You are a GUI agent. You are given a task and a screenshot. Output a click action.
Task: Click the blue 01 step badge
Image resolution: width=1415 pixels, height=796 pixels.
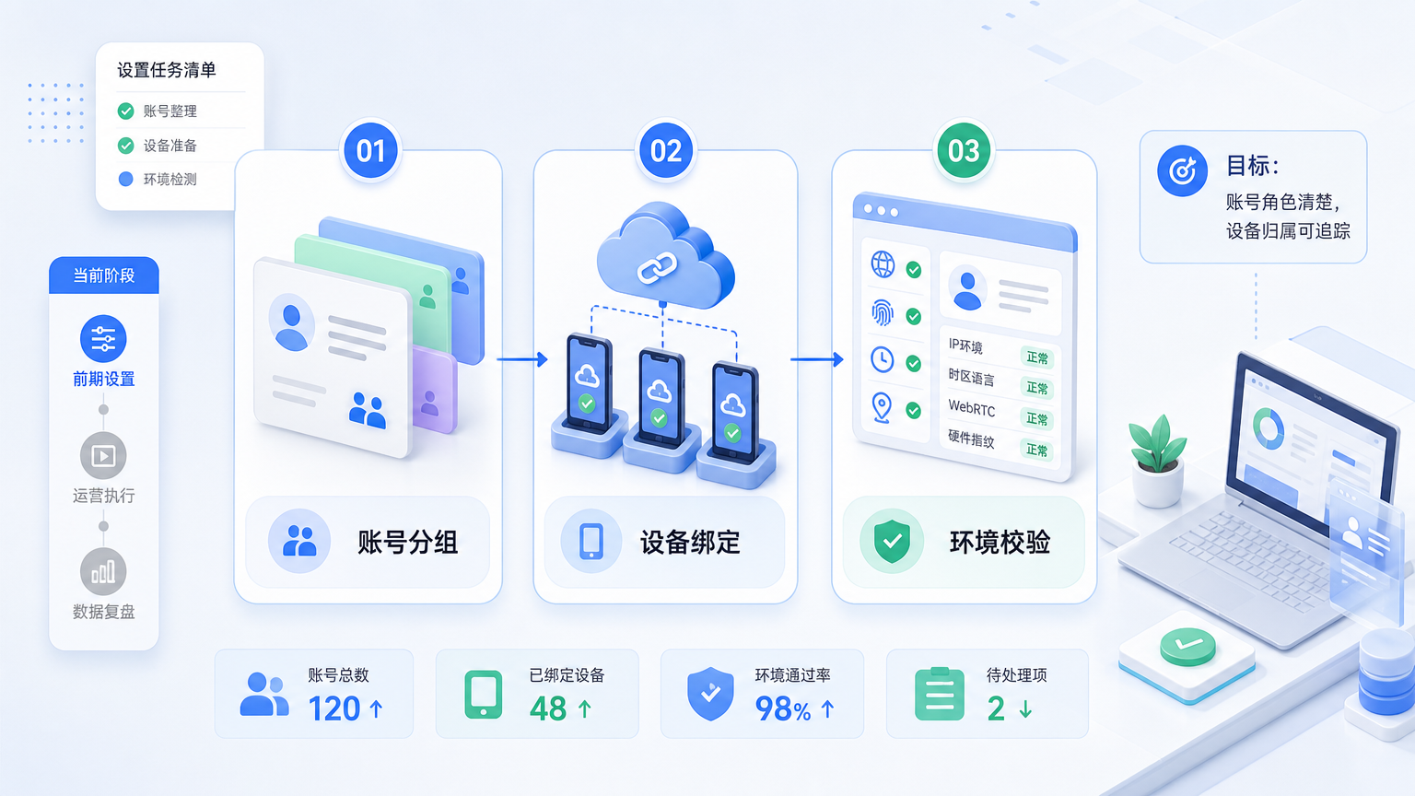[x=371, y=151]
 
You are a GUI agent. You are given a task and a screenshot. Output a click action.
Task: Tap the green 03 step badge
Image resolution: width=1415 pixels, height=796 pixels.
[x=964, y=151]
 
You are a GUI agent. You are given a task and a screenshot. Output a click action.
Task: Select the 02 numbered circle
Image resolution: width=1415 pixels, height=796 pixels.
[x=666, y=151]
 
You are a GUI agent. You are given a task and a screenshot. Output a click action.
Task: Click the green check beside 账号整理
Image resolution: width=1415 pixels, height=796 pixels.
[x=125, y=111]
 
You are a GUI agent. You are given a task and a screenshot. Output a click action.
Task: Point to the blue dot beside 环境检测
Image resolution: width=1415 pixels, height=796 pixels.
[x=125, y=180]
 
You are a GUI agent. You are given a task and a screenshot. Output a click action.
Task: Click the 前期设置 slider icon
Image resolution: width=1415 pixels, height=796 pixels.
[x=103, y=339]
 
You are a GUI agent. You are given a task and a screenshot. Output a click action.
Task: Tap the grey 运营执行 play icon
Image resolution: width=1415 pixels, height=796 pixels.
[x=103, y=455]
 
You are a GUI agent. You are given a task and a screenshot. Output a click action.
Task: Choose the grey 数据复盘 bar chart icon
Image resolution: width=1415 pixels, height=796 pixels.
[x=103, y=572]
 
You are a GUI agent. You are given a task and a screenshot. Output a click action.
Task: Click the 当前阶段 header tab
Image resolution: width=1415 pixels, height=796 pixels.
[x=103, y=275]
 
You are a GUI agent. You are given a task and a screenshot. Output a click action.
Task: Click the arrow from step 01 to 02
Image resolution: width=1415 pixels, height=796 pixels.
[x=522, y=359]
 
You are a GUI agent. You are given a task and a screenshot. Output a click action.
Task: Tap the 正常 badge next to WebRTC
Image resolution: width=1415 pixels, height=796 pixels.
[x=1036, y=418]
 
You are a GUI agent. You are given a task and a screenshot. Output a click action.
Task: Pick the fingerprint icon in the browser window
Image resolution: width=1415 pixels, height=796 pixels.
[x=883, y=312]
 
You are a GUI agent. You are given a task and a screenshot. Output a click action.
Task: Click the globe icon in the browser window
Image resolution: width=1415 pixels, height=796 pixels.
[x=883, y=264]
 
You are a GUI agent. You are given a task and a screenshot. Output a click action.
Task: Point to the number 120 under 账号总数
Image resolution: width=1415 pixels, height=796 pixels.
[x=334, y=708]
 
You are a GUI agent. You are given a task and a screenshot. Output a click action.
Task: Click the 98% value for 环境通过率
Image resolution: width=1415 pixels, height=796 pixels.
[x=783, y=708]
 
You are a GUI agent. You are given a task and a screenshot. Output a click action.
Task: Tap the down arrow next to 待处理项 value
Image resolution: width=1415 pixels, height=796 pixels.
[x=1026, y=708]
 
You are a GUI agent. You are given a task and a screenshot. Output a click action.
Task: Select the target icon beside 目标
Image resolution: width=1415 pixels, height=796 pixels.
[x=1182, y=170]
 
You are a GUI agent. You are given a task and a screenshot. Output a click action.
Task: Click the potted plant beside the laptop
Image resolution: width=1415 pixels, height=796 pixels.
[x=1157, y=462]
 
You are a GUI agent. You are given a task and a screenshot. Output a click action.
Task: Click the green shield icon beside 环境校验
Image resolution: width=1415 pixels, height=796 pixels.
[x=892, y=542]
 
